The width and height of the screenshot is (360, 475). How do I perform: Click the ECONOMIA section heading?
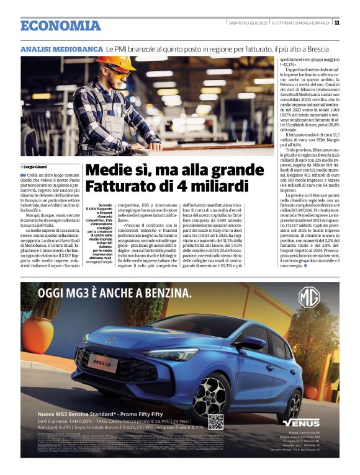60,25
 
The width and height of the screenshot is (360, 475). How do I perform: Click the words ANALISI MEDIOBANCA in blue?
61,48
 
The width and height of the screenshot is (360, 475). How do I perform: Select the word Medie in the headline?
105,170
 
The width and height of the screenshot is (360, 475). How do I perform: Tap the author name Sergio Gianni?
36,167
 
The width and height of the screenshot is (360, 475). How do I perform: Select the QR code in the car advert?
215,422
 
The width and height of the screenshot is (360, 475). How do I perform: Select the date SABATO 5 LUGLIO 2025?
246,23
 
